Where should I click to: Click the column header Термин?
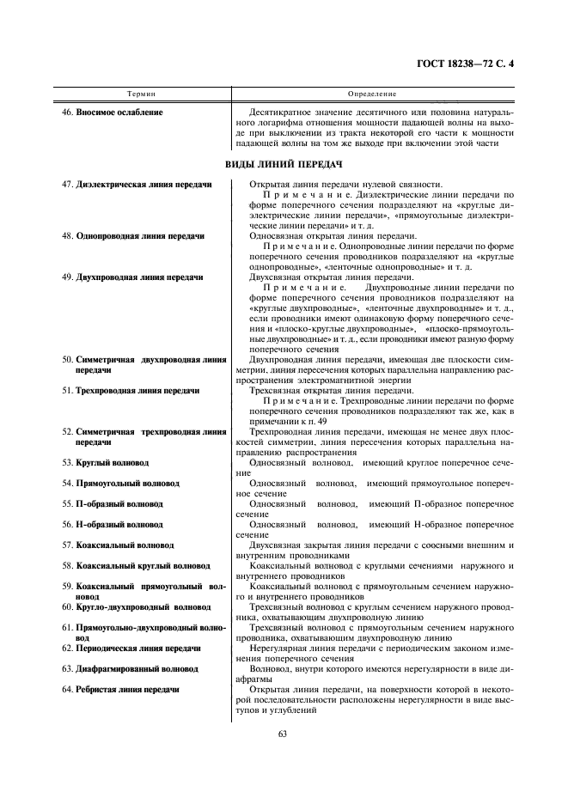click(x=141, y=93)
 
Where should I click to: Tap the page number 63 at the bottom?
click(x=283, y=733)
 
